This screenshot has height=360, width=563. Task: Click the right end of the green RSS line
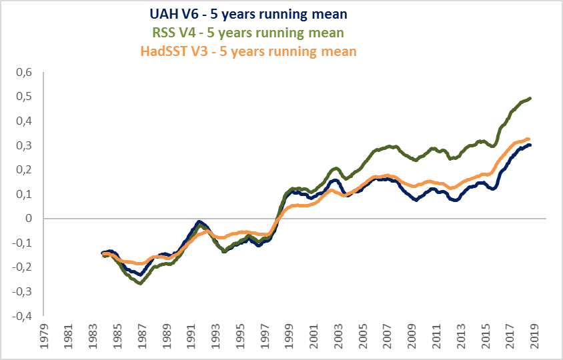(x=530, y=99)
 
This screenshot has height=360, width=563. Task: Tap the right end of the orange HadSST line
(x=530, y=139)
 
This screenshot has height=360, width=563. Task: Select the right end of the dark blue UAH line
(x=530, y=145)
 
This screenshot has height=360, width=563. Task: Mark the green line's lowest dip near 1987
(x=140, y=283)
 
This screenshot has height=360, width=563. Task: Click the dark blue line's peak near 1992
(x=199, y=221)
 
